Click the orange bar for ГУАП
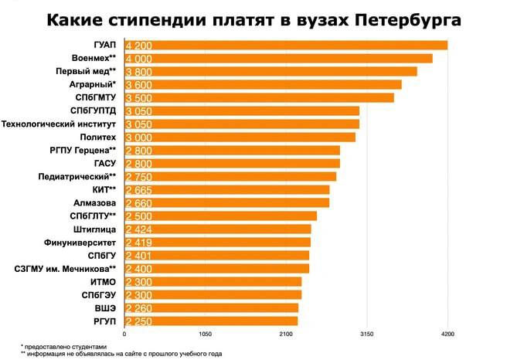coord(286,45)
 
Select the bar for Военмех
coord(278,58)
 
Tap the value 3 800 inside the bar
coord(139,71)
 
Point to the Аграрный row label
coord(91,84)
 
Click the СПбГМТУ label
coord(92,97)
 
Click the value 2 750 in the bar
coord(139,176)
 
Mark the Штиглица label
coord(94,229)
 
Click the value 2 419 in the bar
coord(139,242)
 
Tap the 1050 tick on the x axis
coord(205,334)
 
